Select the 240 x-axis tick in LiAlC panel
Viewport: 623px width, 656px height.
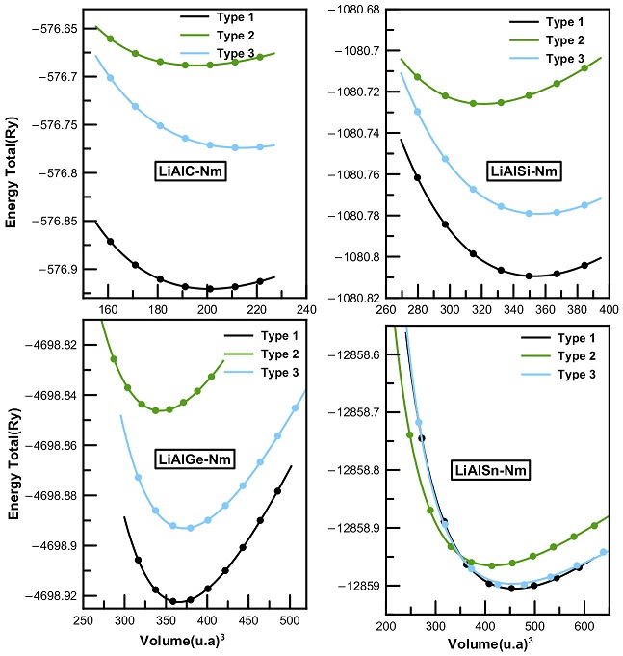coord(306,311)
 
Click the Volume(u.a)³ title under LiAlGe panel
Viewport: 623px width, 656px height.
coord(173,643)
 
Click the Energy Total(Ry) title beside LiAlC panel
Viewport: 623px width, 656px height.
coord(13,164)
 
